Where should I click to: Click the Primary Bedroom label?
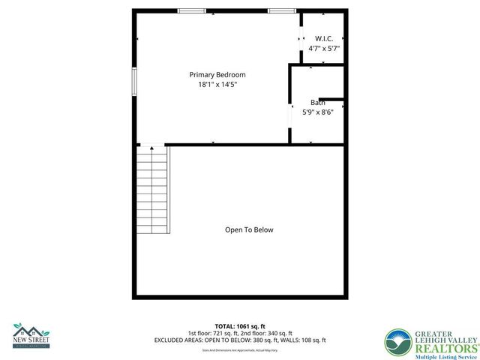217,75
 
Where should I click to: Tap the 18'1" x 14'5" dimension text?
217,85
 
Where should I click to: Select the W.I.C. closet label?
324,38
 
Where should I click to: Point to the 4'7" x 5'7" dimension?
324,48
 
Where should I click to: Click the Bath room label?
318,103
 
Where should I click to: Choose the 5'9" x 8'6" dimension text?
318,112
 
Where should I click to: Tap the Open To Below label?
249,229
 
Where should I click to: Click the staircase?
152,190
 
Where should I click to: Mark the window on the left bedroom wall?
135,81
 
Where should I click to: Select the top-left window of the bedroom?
192,10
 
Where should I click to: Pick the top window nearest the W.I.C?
281,10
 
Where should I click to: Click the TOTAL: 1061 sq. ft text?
240,325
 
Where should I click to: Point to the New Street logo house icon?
30,329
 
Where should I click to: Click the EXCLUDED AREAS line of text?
240,340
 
